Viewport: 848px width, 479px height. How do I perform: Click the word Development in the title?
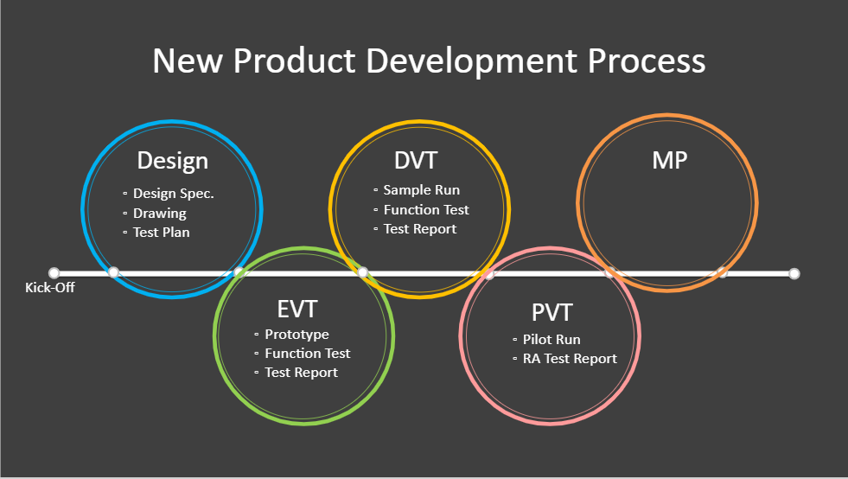coord(472,61)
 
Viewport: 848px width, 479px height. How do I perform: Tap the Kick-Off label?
coord(50,287)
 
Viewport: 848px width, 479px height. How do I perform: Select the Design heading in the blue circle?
coord(173,162)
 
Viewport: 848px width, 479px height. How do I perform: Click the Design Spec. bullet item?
coord(174,194)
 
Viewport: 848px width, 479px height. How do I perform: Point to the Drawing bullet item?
coord(160,214)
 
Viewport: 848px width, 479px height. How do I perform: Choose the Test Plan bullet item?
coord(161,233)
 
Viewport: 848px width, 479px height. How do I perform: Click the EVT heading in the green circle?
coord(296,310)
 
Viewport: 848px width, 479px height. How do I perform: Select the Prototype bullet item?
coord(296,335)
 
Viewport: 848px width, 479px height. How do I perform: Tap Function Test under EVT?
coord(308,354)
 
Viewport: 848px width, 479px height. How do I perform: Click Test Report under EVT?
coord(301,373)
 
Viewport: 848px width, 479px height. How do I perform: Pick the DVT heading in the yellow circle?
coord(415,161)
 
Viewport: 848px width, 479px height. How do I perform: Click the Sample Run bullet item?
coord(421,190)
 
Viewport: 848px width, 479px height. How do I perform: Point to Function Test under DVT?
coord(426,209)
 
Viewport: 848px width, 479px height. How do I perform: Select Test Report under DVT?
coord(419,229)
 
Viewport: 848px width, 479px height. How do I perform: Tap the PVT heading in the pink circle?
coord(552,313)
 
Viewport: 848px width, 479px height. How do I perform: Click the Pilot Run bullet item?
coord(552,339)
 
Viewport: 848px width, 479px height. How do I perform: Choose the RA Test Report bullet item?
coord(570,358)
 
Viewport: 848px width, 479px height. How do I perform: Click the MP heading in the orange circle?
coord(670,160)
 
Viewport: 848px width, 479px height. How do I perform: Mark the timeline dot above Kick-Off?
coord(54,272)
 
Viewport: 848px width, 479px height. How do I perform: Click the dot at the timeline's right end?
coord(794,274)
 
